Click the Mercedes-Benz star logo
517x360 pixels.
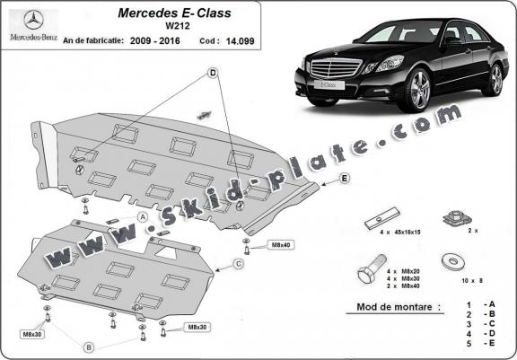coord(33,20)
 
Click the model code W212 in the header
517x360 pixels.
coord(178,26)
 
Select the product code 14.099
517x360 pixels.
coord(240,41)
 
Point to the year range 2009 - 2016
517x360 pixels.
coord(155,41)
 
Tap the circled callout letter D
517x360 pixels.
coord(213,73)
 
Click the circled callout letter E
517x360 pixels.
coord(345,179)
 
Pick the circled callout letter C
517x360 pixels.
coord(239,264)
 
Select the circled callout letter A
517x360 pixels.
coord(143,217)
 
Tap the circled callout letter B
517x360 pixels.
coord(88,347)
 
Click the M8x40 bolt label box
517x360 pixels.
coord(281,245)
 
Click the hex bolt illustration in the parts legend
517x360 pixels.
coord(372,268)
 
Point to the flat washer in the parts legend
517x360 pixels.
coord(453,261)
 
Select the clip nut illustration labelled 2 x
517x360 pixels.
coord(457,218)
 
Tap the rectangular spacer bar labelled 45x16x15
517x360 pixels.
coord(382,218)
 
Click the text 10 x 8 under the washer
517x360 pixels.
coord(472,281)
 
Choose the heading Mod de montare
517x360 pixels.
coord(394,307)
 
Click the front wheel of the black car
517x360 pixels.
coord(418,90)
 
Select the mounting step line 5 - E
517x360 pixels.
coord(481,343)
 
